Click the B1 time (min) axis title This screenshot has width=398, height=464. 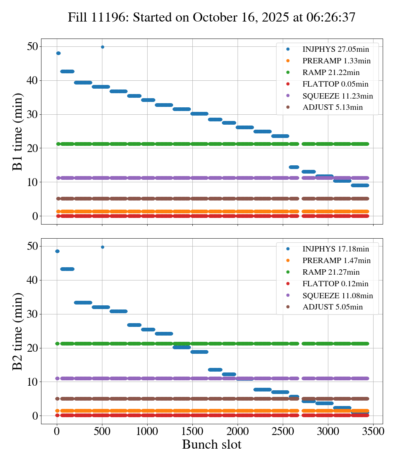17,132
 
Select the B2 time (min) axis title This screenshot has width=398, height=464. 17,331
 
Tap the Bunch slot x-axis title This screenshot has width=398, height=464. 211,445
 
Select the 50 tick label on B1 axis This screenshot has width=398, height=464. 32,46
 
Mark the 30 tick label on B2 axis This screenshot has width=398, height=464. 32,314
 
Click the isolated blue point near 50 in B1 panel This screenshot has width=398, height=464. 102,47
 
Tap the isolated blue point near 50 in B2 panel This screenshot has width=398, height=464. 102,247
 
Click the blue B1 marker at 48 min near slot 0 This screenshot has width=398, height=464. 58,53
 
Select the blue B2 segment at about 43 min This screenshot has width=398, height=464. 67,269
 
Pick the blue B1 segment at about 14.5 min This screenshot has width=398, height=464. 294,167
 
